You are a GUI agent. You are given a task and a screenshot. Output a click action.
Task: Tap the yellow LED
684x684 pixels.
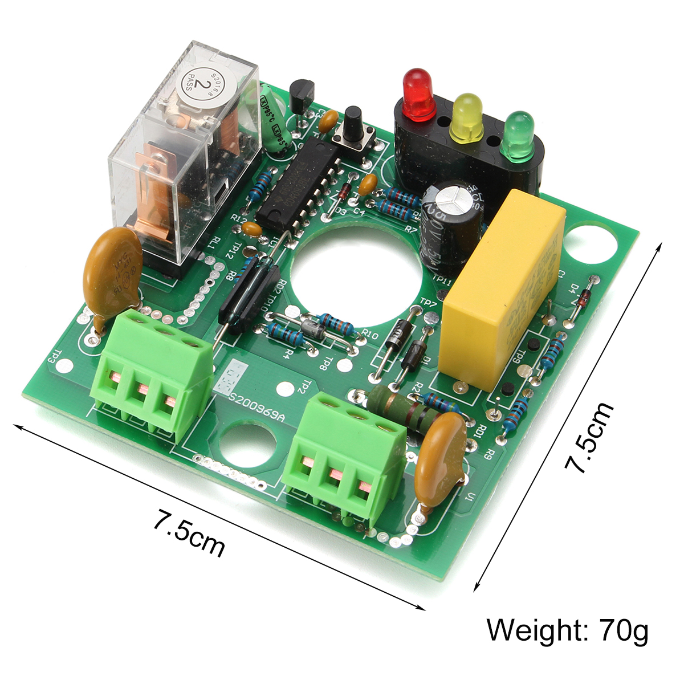click(x=466, y=117)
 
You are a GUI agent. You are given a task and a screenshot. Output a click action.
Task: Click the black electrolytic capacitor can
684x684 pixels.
click(x=450, y=222)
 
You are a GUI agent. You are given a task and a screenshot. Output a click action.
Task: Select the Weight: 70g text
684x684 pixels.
click(x=567, y=630)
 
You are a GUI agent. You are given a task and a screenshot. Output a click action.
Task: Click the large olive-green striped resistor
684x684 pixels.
click(x=402, y=408)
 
